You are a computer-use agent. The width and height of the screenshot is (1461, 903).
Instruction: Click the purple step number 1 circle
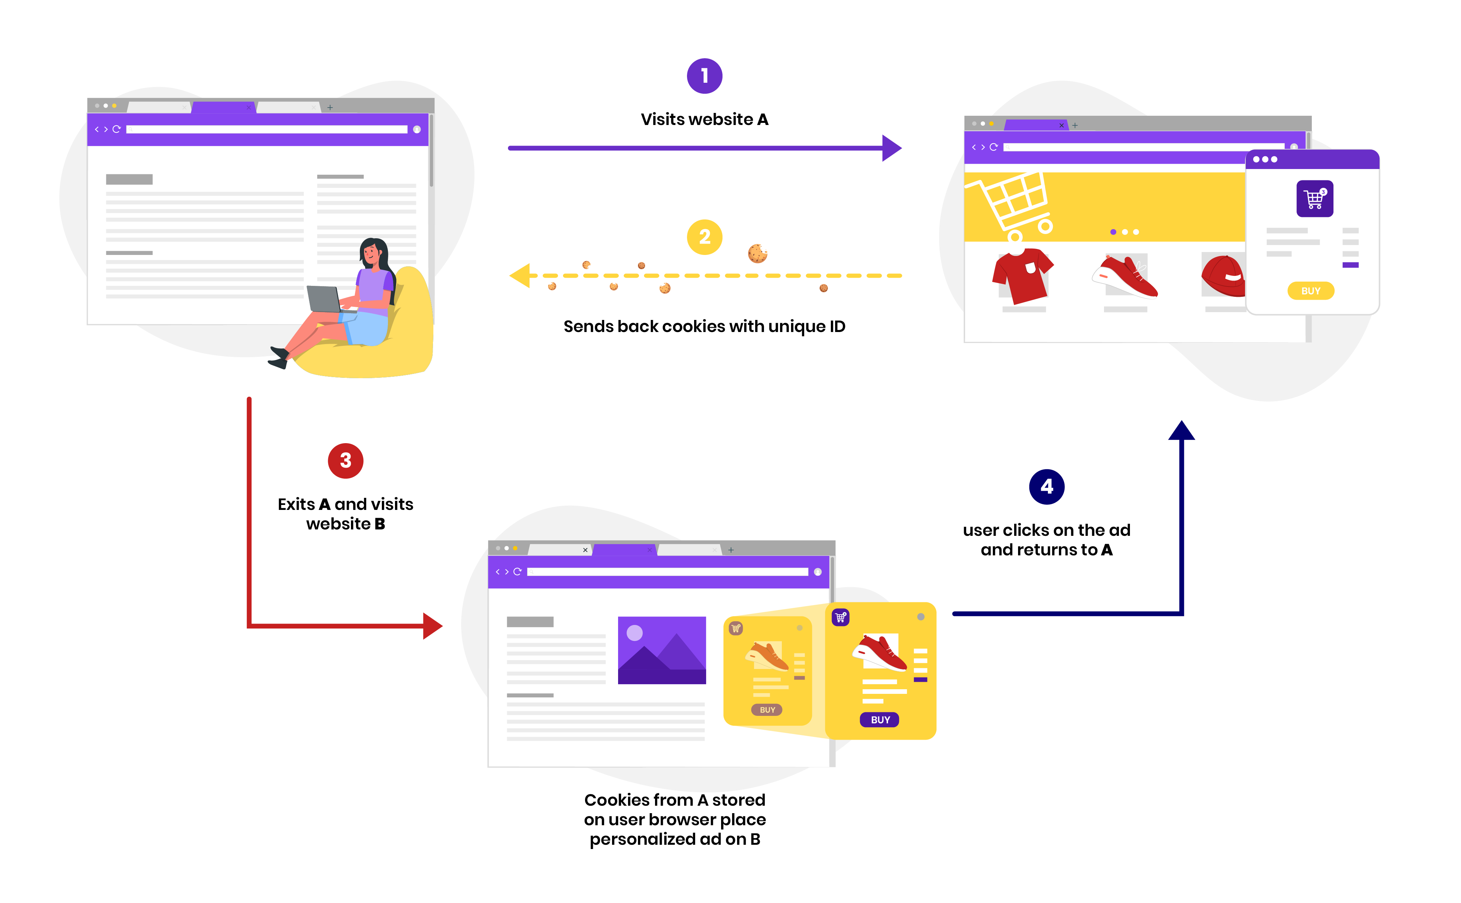(704, 76)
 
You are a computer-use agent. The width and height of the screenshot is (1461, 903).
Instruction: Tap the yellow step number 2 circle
(704, 237)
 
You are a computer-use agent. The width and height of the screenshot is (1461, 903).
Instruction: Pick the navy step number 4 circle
(1046, 487)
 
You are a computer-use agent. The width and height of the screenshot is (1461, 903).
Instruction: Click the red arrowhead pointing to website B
(432, 626)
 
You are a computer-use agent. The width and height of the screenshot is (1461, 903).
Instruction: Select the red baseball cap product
(1223, 275)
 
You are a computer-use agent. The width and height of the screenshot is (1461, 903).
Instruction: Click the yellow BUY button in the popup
(1310, 291)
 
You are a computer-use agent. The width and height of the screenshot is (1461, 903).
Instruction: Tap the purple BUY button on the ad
(880, 720)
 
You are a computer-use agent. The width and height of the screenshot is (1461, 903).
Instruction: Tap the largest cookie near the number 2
(757, 253)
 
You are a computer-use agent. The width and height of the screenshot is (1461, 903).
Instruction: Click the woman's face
(370, 254)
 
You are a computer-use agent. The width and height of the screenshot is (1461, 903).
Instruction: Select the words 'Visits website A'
(704, 119)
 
